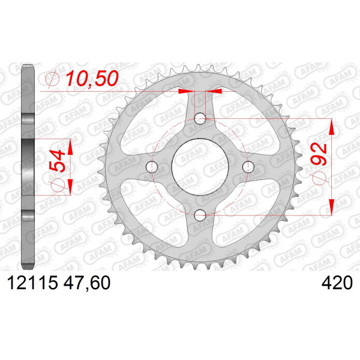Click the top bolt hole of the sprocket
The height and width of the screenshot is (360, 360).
(200, 118)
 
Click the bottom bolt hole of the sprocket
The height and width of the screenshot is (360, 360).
(200, 215)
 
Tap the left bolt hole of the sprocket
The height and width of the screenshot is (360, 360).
(152, 167)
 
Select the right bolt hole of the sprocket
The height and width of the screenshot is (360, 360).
(248, 167)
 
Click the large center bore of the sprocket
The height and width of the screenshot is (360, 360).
(200, 167)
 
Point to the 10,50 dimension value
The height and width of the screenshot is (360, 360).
(92, 79)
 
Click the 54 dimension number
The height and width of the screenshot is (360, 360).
(57, 161)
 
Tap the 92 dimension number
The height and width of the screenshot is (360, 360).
(319, 154)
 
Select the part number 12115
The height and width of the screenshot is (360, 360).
(32, 283)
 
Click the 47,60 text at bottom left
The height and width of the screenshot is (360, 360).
(87, 283)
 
